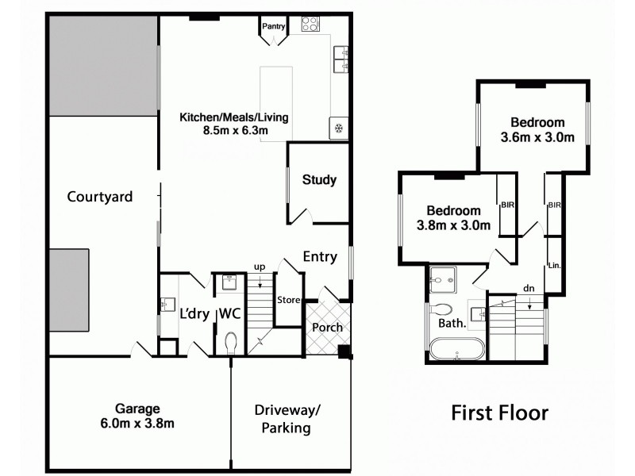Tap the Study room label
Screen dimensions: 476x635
point(319,180)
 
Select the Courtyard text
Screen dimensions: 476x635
point(99,197)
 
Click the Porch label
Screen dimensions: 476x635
point(325,328)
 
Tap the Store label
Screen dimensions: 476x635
point(287,300)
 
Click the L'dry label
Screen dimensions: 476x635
point(193,313)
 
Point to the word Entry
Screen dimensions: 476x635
point(320,256)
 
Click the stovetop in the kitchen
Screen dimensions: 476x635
point(310,24)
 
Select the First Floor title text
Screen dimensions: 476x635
point(499,413)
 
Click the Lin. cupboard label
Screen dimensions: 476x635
point(555,266)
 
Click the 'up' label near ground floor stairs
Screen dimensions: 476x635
point(259,266)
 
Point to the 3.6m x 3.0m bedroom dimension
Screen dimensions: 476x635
point(537,136)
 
